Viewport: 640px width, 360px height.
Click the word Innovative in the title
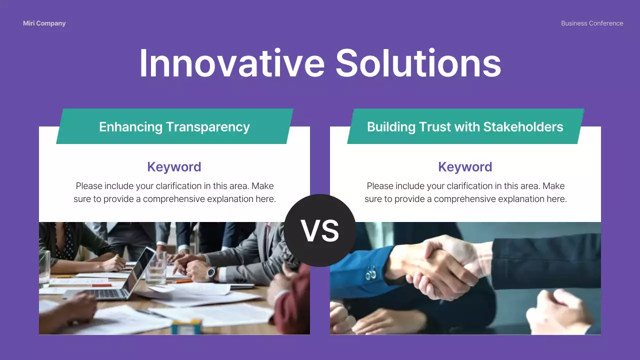click(231, 63)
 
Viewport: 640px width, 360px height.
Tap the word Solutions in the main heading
click(418, 63)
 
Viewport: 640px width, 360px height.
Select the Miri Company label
click(44, 23)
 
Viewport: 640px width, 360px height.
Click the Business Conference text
click(592, 23)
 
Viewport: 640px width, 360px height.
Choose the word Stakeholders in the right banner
click(523, 127)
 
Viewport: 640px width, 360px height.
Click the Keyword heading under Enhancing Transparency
click(174, 167)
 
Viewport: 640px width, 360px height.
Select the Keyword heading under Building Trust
click(465, 167)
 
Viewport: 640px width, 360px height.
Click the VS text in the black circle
click(320, 231)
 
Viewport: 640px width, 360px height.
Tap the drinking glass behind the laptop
click(156, 268)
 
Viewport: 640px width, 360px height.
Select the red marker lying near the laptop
click(101, 285)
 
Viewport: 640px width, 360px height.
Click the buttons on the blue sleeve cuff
click(371, 274)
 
